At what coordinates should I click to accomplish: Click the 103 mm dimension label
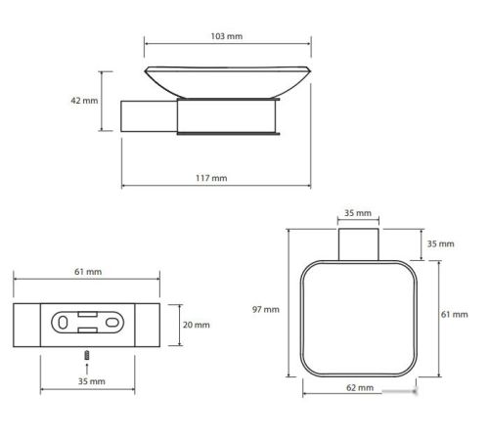[x=227, y=36]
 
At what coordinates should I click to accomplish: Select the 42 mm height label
[x=84, y=101]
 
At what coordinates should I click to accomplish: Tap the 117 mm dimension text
[x=211, y=178]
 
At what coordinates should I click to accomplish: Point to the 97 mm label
[x=266, y=309]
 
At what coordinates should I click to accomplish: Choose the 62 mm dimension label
[x=360, y=387]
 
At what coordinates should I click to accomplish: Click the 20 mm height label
[x=197, y=325]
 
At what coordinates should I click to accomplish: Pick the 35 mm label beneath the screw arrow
[x=92, y=381]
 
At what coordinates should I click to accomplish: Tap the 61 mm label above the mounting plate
[x=88, y=272]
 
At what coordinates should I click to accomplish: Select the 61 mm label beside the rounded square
[x=455, y=314]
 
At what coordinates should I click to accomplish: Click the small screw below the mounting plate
[x=87, y=355]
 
